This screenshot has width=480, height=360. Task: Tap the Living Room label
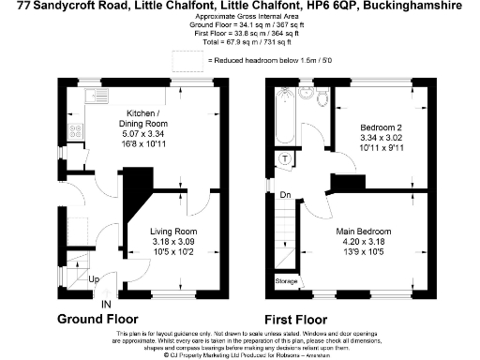coord(173,231)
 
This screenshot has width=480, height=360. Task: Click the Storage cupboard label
coord(287,281)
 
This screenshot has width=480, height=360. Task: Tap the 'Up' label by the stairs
coord(94,279)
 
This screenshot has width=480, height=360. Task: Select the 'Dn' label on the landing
coord(283,195)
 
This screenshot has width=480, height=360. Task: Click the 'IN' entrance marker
coord(106,304)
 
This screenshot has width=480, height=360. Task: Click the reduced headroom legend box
coord(197,59)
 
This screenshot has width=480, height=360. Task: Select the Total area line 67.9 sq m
coord(239,43)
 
